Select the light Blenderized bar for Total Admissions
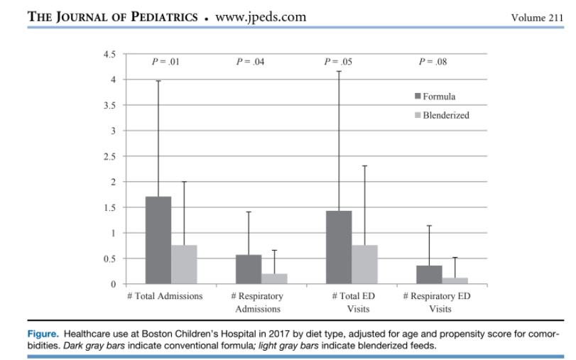tap(184, 264)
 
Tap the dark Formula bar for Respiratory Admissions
tap(249, 269)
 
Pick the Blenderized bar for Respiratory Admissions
tap(274, 278)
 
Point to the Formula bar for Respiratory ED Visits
tap(429, 275)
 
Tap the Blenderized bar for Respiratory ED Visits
tap(455, 280)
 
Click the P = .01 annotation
tap(166, 62)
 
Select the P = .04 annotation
tap(251, 62)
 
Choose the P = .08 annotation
tap(432, 62)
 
